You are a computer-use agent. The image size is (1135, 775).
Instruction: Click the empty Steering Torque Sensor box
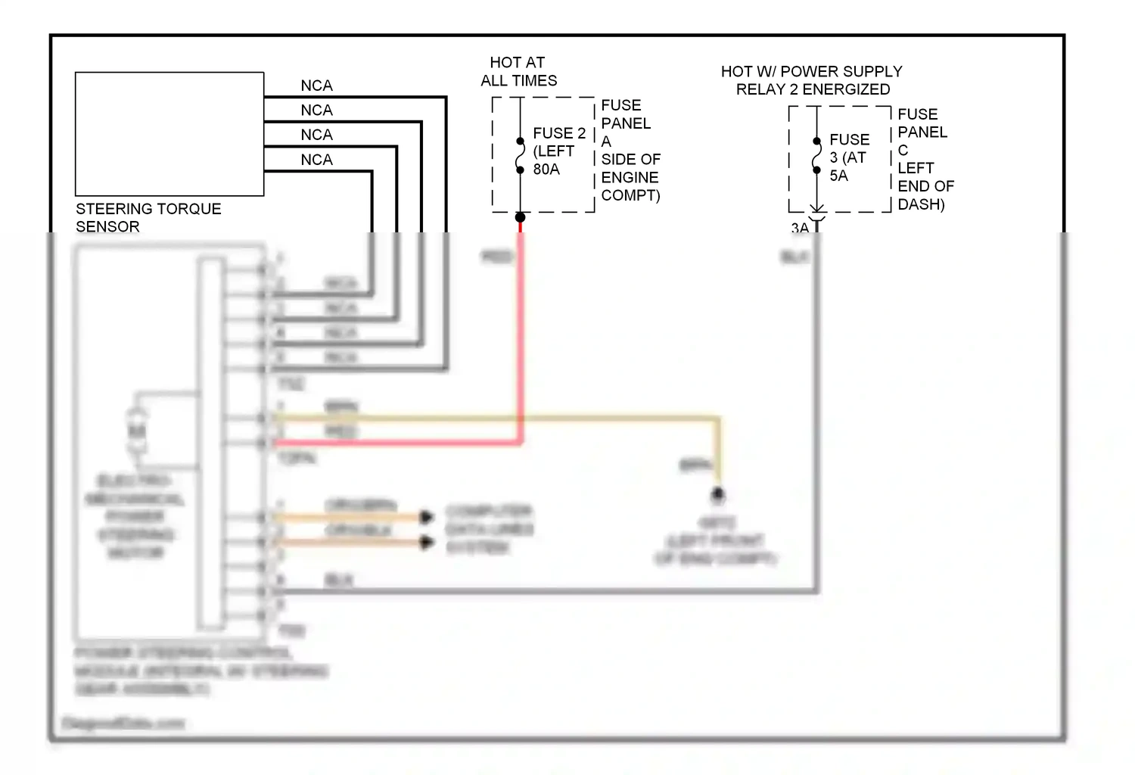[169, 134]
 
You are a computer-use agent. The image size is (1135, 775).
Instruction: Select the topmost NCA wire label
[316, 86]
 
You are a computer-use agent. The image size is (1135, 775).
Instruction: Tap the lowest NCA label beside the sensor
[316, 160]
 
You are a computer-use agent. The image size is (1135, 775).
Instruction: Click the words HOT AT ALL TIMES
[518, 71]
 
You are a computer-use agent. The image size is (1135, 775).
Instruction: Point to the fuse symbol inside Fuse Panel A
[520, 155]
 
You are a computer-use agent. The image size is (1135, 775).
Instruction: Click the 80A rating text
[546, 170]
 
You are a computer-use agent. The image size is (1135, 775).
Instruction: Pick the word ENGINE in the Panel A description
[630, 177]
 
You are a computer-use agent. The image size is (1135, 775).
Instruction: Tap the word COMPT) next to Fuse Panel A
[630, 195]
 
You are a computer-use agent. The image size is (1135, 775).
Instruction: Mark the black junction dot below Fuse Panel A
[520, 218]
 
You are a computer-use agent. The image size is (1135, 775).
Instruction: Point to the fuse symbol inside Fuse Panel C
[816, 156]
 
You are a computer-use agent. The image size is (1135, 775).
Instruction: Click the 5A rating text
[838, 176]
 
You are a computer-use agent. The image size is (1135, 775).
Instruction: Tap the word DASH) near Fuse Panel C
[921, 204]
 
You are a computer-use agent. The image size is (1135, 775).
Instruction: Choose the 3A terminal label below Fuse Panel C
[800, 228]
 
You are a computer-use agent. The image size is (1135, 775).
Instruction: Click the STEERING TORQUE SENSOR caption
[148, 217]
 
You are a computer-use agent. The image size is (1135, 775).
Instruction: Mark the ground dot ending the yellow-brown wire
[717, 495]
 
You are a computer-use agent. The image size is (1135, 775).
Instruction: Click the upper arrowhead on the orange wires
[427, 517]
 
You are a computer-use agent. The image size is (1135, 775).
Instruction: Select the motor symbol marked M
[136, 431]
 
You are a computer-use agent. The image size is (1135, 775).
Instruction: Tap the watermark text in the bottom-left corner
[123, 724]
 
